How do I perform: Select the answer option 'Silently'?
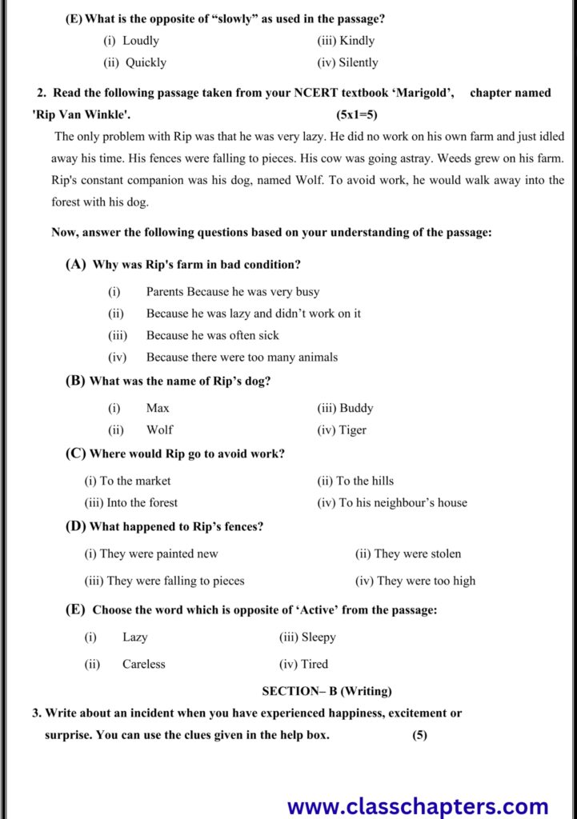click(358, 62)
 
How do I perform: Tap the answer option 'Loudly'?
click(141, 41)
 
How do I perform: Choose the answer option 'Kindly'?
click(356, 41)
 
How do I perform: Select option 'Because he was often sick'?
click(212, 335)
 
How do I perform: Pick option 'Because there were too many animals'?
click(242, 357)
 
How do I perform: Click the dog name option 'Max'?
click(158, 408)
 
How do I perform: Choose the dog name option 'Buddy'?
click(356, 408)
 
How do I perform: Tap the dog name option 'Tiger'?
click(353, 429)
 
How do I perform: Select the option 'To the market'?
click(134, 481)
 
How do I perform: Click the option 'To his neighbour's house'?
click(403, 502)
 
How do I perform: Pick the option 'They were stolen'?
click(417, 553)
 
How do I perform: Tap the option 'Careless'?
click(144, 664)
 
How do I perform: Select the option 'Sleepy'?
click(318, 637)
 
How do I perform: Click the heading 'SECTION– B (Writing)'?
click(327, 691)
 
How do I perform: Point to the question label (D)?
click(75, 526)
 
